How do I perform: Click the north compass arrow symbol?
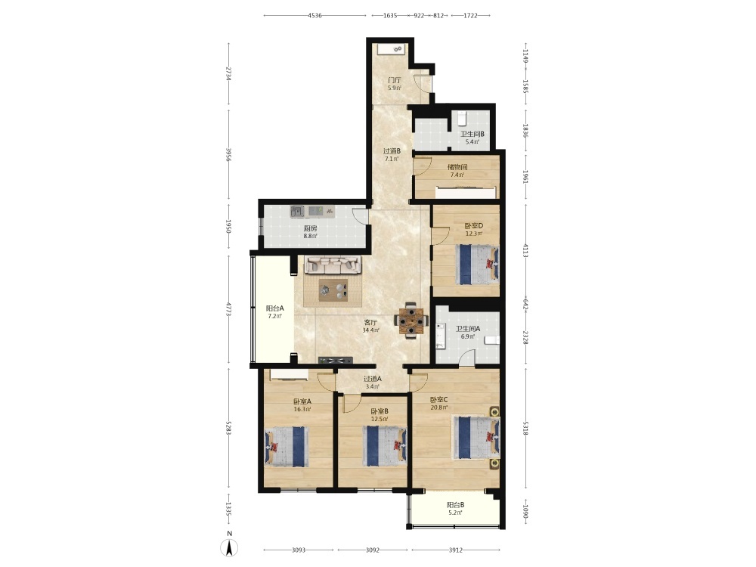pos(230,547)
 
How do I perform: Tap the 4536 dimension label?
pos(314,15)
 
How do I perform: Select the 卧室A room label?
pos(302,401)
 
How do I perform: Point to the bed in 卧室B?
pos(385,446)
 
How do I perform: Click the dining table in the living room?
pos(411,320)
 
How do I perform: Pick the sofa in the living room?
pos(333,265)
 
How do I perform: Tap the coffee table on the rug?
pos(333,290)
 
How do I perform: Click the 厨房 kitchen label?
pos(311,228)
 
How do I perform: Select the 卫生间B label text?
pos(472,134)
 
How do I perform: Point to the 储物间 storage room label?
pos(457,167)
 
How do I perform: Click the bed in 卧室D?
pos(477,264)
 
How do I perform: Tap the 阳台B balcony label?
pos(456,505)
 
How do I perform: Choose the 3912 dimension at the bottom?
pos(456,550)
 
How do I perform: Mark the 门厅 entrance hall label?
pos(395,81)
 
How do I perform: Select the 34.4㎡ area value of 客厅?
pos(370,330)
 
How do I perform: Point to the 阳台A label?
pos(275,308)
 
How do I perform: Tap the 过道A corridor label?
pos(372,379)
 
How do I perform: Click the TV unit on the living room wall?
pos(335,360)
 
